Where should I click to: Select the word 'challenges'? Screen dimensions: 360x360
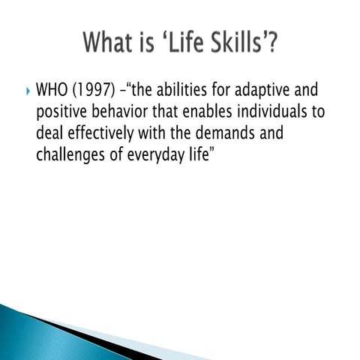point(72,158)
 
